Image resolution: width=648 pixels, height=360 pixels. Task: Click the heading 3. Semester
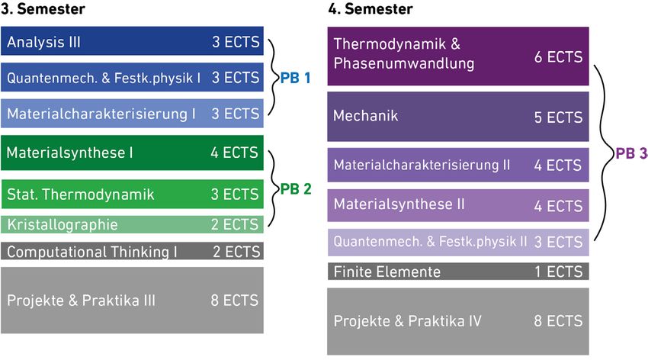click(x=43, y=8)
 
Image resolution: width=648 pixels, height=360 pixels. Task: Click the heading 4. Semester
click(x=371, y=8)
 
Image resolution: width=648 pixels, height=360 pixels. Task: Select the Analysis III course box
click(x=132, y=41)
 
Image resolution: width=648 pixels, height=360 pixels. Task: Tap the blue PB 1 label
click(x=295, y=78)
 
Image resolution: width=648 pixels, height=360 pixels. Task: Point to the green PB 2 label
click(x=296, y=189)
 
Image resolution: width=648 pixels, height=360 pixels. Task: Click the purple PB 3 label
click(x=631, y=153)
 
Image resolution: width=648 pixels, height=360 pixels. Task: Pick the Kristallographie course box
click(x=132, y=224)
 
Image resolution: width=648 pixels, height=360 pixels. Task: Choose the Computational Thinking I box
click(x=132, y=251)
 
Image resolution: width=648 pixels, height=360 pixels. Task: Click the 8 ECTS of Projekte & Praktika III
click(x=234, y=301)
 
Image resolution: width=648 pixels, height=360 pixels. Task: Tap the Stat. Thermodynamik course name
click(x=81, y=194)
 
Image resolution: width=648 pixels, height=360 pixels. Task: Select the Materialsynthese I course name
click(x=70, y=153)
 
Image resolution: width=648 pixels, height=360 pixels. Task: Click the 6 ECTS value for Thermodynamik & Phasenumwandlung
click(x=558, y=56)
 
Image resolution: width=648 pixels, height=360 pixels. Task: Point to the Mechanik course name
click(x=365, y=116)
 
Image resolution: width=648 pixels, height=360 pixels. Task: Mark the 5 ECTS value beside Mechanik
click(x=558, y=117)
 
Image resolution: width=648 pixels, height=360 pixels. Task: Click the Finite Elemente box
click(x=458, y=272)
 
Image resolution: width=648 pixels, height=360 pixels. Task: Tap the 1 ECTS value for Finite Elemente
click(x=558, y=272)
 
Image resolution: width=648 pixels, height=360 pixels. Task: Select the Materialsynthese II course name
click(x=399, y=204)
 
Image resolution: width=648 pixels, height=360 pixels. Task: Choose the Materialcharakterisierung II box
click(x=458, y=165)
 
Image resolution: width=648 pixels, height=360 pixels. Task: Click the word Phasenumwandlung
click(x=404, y=63)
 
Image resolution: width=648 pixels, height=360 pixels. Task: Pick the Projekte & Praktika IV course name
click(x=408, y=321)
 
